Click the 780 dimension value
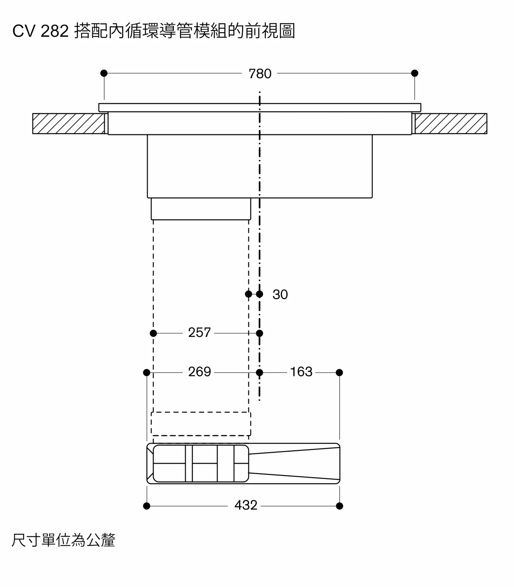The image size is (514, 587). pos(260,74)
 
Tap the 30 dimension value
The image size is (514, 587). pos(280,294)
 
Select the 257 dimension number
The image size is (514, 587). pos(199,333)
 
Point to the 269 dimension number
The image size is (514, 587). pos(199,372)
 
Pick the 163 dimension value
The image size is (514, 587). pos(301,372)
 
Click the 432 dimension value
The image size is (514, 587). pos(246,505)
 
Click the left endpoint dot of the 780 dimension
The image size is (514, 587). pos(104,73)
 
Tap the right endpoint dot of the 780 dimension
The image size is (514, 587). pos(415,73)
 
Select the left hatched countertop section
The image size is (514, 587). pos(69,124)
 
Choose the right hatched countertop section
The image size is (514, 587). pos(451,124)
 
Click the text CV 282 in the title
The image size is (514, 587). pos(40,31)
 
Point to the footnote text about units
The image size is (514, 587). pos(63,540)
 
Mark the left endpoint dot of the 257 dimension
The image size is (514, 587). pos(153,333)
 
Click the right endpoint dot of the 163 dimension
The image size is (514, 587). pos(339,372)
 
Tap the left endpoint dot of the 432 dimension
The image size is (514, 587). pos(147,506)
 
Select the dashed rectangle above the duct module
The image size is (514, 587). pos(201,424)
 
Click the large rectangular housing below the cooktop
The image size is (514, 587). pos(260,166)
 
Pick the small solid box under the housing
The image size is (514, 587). pos(201,209)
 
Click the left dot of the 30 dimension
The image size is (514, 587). pos(248,294)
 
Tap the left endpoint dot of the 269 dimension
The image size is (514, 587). pos(147,372)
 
